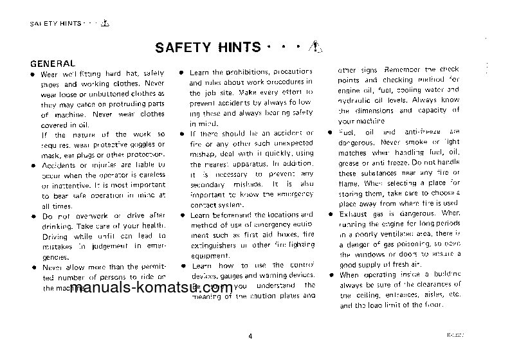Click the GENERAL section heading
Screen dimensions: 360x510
tap(53, 64)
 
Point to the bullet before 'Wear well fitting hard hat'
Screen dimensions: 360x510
tap(33, 75)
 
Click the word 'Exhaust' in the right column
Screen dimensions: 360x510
tap(353, 212)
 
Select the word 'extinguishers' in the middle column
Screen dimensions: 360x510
tap(212, 244)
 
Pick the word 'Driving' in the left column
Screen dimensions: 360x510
tap(54, 235)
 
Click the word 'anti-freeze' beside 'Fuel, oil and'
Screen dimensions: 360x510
tap(421, 131)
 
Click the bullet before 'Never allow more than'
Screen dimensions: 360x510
tap(33, 266)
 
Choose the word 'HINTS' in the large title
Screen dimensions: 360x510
tap(237, 47)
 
